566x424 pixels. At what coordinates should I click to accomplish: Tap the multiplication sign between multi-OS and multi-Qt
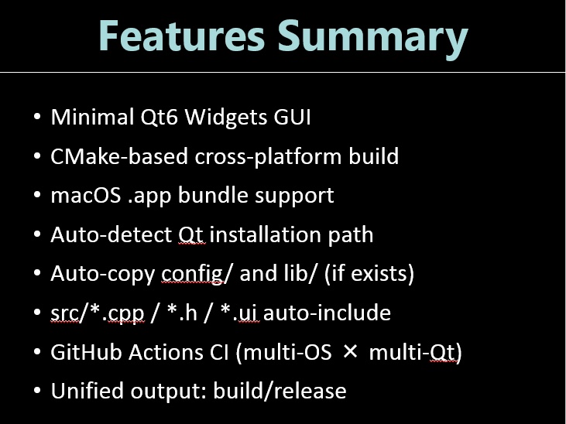click(x=351, y=352)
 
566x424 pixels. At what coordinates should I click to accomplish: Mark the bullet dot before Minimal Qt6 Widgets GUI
click(x=37, y=118)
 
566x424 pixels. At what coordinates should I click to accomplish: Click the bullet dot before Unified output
click(x=37, y=392)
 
